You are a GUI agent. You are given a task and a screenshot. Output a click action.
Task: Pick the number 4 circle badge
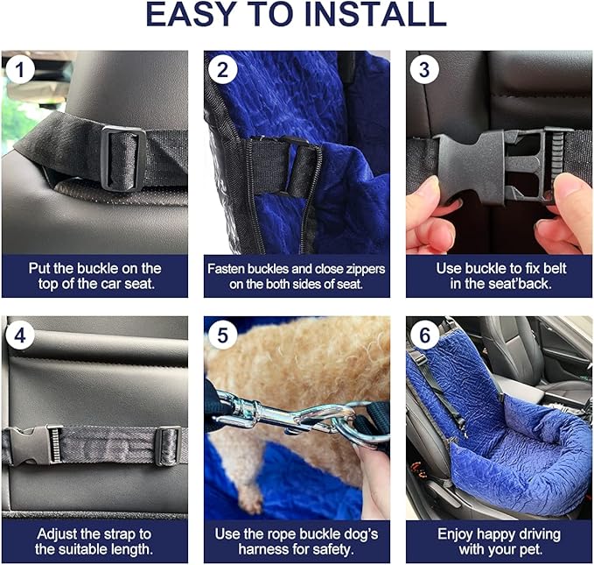pyautogui.click(x=19, y=335)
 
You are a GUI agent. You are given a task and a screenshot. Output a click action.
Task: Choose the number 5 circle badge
pyautogui.click(x=222, y=335)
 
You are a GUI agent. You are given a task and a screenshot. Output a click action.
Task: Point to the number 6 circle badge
pyautogui.click(x=424, y=335)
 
